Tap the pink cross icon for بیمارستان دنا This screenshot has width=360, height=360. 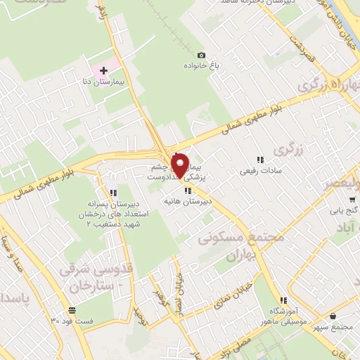coord(103,70)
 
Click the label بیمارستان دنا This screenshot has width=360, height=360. coord(103,82)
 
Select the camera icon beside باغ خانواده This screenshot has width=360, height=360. coord(202,56)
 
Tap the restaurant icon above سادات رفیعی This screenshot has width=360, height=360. coord(260,160)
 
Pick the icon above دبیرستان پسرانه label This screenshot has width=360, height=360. coord(113,192)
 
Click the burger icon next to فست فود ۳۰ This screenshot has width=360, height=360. coord(72,310)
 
